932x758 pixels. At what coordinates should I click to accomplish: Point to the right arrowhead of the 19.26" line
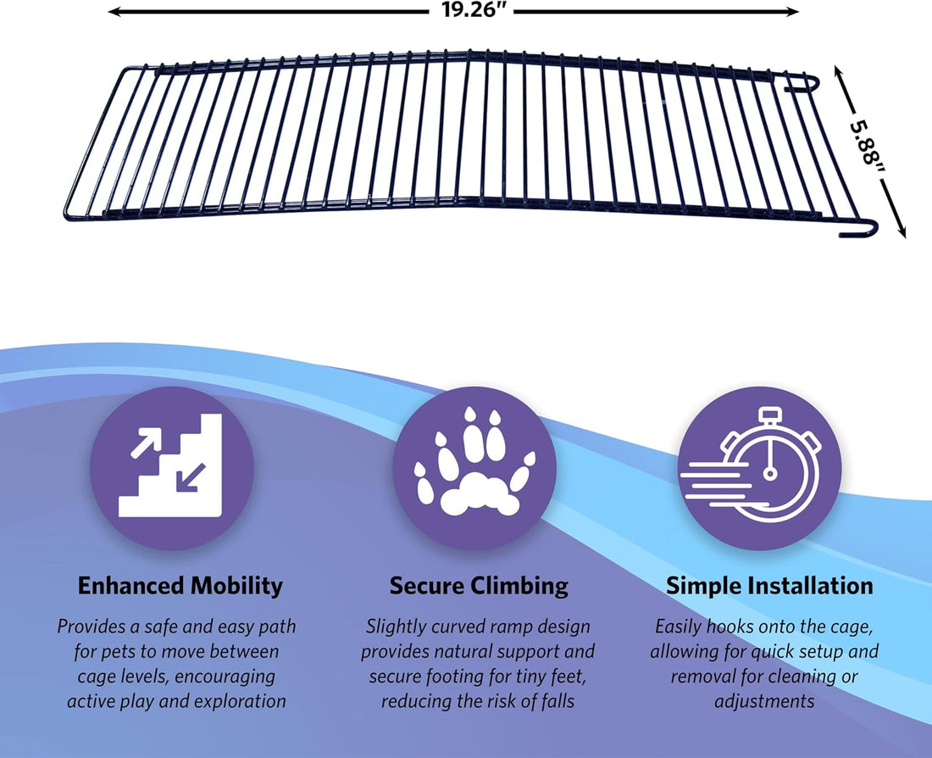[791, 11]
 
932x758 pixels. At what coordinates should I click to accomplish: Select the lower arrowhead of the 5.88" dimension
[901, 231]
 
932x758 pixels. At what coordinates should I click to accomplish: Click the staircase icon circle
[172, 468]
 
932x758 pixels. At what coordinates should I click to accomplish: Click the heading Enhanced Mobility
[180, 585]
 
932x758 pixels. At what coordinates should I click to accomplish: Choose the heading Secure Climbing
[479, 585]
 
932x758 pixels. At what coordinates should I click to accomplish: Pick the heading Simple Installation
[769, 585]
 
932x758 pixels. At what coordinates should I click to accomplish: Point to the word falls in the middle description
[558, 701]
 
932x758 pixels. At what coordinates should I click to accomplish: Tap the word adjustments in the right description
[764, 701]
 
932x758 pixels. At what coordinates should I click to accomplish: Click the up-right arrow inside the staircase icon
[146, 443]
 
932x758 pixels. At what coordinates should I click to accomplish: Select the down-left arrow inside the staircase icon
[190, 478]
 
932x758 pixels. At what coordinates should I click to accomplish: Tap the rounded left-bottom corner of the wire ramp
[67, 213]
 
